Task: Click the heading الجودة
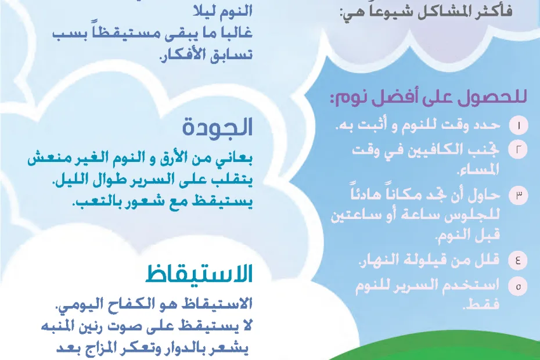tap(217, 127)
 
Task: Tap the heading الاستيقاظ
tap(199, 274)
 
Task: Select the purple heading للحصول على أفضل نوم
tap(428, 98)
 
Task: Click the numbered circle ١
tap(519, 125)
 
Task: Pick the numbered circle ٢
tap(519, 149)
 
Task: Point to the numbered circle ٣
tap(519, 195)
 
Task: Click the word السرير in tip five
tap(423, 286)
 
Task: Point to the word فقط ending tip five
tap(481, 304)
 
